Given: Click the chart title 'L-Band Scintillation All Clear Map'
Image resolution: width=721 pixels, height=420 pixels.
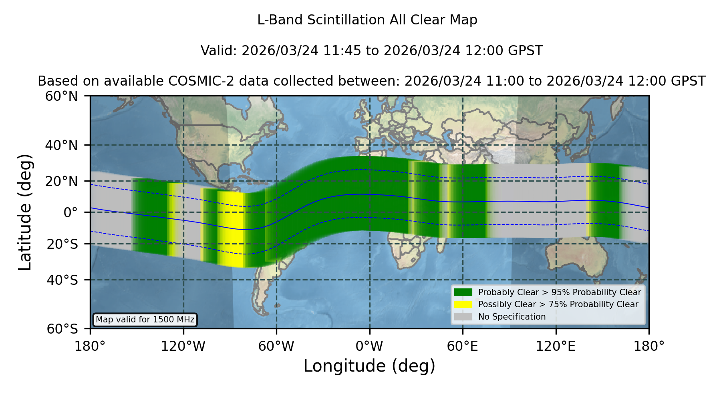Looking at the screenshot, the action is pyautogui.click(x=367, y=20).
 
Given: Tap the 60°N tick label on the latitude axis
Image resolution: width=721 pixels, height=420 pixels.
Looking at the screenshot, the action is pyautogui.click(x=62, y=96).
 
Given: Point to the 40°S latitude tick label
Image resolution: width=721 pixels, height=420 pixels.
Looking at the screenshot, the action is pyautogui.click(x=62, y=280).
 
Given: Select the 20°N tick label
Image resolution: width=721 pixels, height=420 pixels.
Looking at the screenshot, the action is pyautogui.click(x=62, y=181).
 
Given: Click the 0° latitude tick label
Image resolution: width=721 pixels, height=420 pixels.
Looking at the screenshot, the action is pyautogui.click(x=70, y=212).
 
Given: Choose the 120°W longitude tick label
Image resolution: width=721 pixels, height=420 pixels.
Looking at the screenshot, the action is pyautogui.click(x=183, y=346).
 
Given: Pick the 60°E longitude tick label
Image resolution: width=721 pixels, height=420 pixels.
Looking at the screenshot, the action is pyautogui.click(x=463, y=346).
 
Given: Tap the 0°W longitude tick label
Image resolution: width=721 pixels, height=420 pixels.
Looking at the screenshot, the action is pyautogui.click(x=370, y=346).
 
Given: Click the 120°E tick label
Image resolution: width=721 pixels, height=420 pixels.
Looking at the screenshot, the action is pyautogui.click(x=556, y=346).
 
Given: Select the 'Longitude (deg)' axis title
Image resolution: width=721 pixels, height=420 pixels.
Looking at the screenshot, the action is pyautogui.click(x=369, y=366).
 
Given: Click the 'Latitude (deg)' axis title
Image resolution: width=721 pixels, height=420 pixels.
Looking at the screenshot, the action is pyautogui.click(x=25, y=212).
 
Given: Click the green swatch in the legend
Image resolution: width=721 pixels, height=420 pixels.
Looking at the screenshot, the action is pyautogui.click(x=463, y=292).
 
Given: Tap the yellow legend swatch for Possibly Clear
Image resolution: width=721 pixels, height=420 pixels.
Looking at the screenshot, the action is pyautogui.click(x=463, y=304).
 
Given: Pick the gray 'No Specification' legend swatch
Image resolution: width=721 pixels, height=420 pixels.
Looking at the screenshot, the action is pyautogui.click(x=463, y=317).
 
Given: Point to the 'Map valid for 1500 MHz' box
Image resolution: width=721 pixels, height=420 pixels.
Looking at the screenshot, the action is pyautogui.click(x=145, y=320).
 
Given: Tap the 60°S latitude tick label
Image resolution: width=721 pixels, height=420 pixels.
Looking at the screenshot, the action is pyautogui.click(x=62, y=329).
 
